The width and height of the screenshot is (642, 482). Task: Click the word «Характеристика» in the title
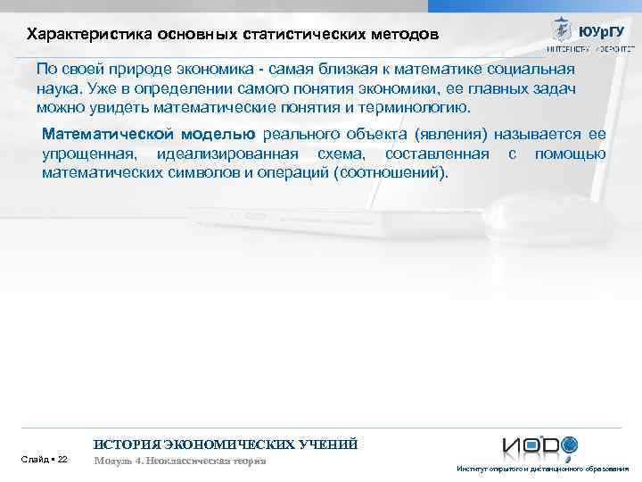(79, 35)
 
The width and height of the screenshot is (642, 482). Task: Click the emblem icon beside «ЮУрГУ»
(561, 29)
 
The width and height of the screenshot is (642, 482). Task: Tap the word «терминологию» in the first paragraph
(416, 108)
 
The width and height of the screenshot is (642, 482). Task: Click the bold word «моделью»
(218, 134)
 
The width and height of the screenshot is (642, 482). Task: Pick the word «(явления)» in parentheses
(446, 134)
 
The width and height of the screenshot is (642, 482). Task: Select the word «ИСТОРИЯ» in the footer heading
(125, 444)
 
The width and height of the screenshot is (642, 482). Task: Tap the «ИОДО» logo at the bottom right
(539, 445)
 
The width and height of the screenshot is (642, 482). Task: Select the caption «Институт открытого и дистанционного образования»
(542, 469)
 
